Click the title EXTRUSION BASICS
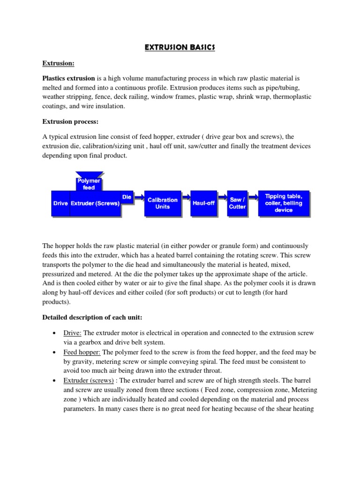(x=180, y=47)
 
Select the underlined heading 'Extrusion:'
(x=59, y=63)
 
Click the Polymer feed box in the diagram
(x=89, y=184)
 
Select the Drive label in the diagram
(x=61, y=203)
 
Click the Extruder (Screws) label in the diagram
(x=95, y=203)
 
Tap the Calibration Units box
(x=163, y=203)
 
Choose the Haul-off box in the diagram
(x=203, y=203)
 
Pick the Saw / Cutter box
(x=237, y=203)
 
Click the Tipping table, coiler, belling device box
(x=284, y=203)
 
